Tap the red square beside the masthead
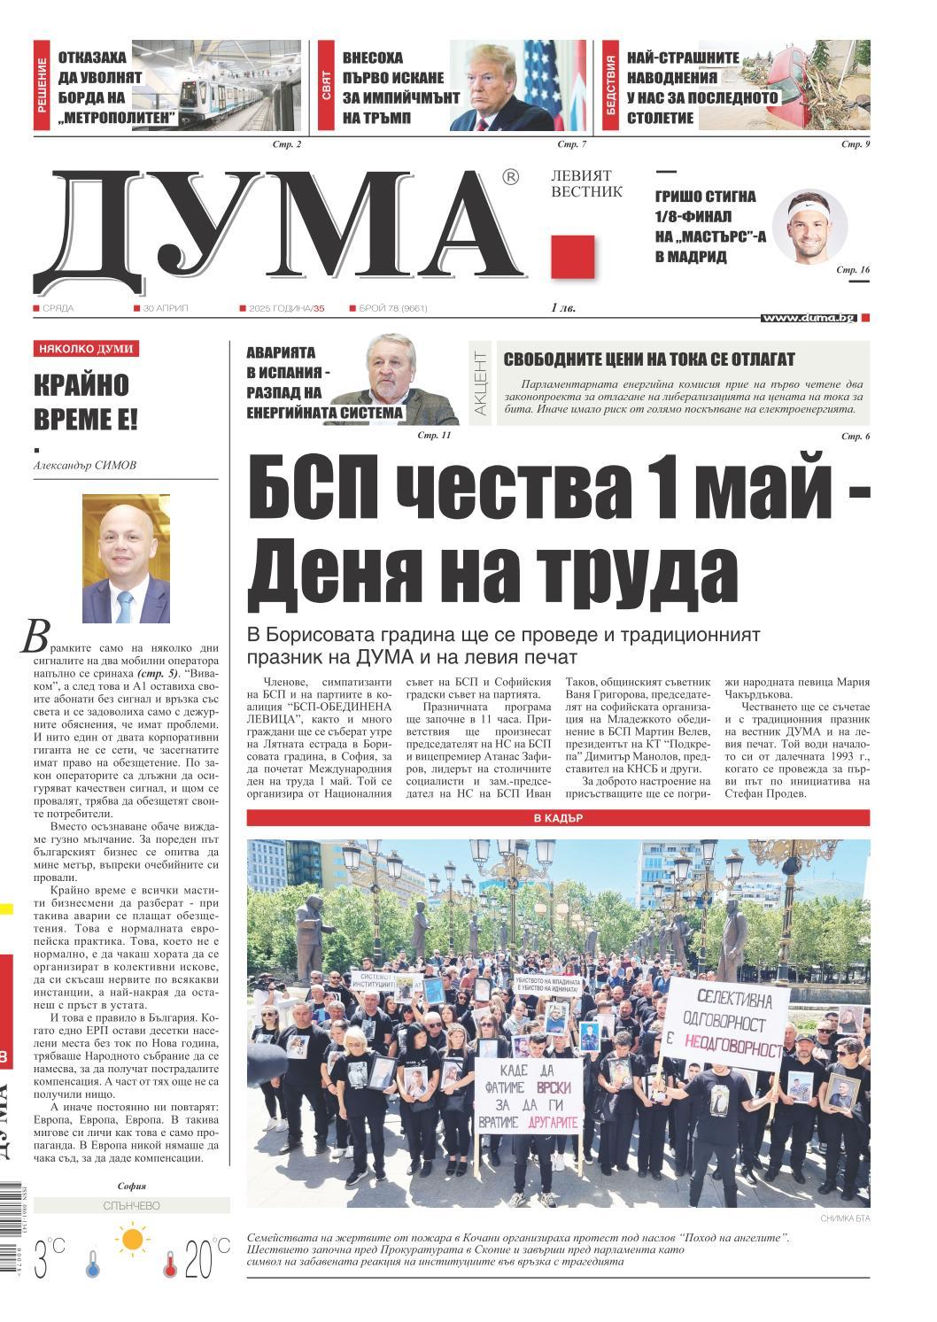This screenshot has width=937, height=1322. (x=569, y=256)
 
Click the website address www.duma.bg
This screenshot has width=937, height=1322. (x=808, y=317)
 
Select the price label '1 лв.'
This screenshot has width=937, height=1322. (x=563, y=308)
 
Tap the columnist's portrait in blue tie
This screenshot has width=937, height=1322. (x=125, y=558)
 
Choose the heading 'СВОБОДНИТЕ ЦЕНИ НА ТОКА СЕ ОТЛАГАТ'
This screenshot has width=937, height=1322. (x=649, y=359)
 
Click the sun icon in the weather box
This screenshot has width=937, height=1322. (x=133, y=1238)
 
